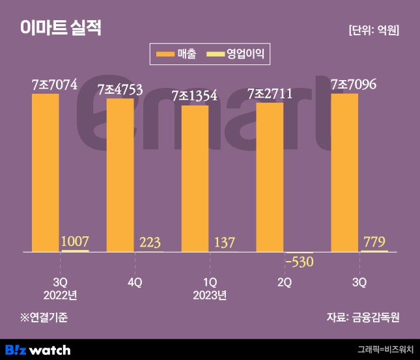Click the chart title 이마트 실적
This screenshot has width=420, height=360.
pyautogui.click(x=60, y=28)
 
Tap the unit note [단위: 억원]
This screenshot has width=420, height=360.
pyautogui.click(x=374, y=30)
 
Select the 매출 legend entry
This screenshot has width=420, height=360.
pyautogui.click(x=176, y=55)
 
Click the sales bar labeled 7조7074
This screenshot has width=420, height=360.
pyautogui.click(x=45, y=173)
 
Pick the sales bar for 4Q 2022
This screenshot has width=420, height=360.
pyautogui.click(x=120, y=175)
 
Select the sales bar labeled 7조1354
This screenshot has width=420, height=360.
pyautogui.click(x=195, y=178)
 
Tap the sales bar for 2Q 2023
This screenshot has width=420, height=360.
pyautogui.click(x=270, y=177)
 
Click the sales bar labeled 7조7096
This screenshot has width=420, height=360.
pyautogui.click(x=344, y=173)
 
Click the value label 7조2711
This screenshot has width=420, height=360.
pyautogui.click(x=270, y=94)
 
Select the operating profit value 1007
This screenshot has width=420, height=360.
pyautogui.click(x=75, y=242)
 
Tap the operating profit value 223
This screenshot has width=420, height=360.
pyautogui.click(x=150, y=243)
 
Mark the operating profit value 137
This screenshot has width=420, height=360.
pyautogui.click(x=225, y=243)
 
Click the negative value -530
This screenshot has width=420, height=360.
pyautogui.click(x=300, y=262)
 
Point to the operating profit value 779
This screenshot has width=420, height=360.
pyautogui.click(x=374, y=242)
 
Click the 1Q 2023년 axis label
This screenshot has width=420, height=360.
pyautogui.click(x=210, y=288)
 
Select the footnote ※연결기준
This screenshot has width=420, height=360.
pyautogui.click(x=44, y=318)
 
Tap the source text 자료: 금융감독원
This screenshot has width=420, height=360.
pyautogui.click(x=363, y=318)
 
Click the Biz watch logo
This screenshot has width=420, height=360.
pyautogui.click(x=38, y=350)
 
